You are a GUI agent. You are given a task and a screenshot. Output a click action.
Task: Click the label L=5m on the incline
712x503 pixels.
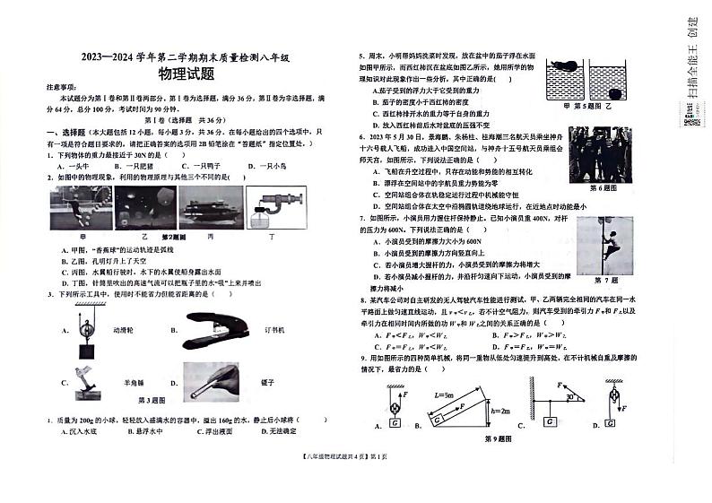[x=444, y=394]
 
